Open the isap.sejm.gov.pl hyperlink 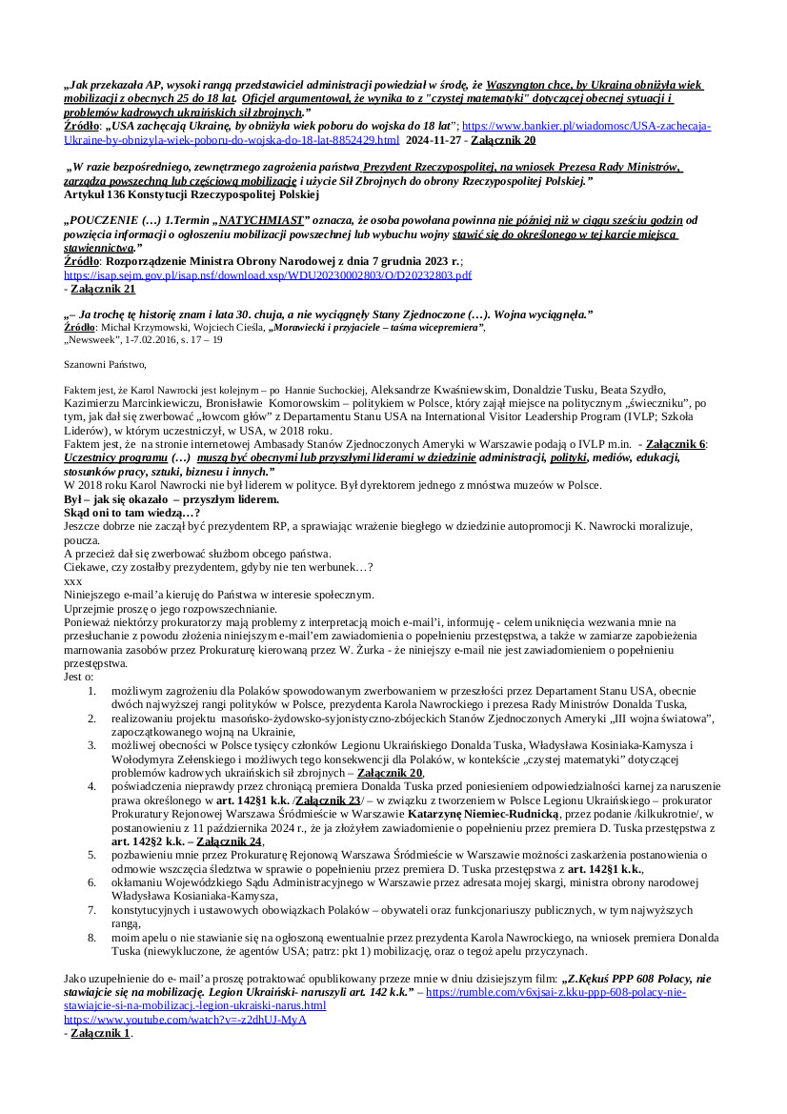click(x=268, y=274)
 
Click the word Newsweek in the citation click(x=96, y=339)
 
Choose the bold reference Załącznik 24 click(x=230, y=842)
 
